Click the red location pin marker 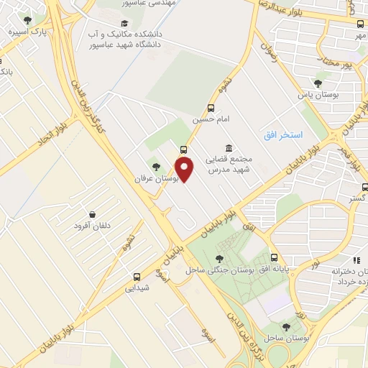(185, 170)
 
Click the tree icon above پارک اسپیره (28, 21)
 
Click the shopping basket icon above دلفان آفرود (93, 214)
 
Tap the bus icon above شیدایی (137, 276)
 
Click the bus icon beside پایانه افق (273, 257)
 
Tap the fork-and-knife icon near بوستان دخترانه (355, 260)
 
